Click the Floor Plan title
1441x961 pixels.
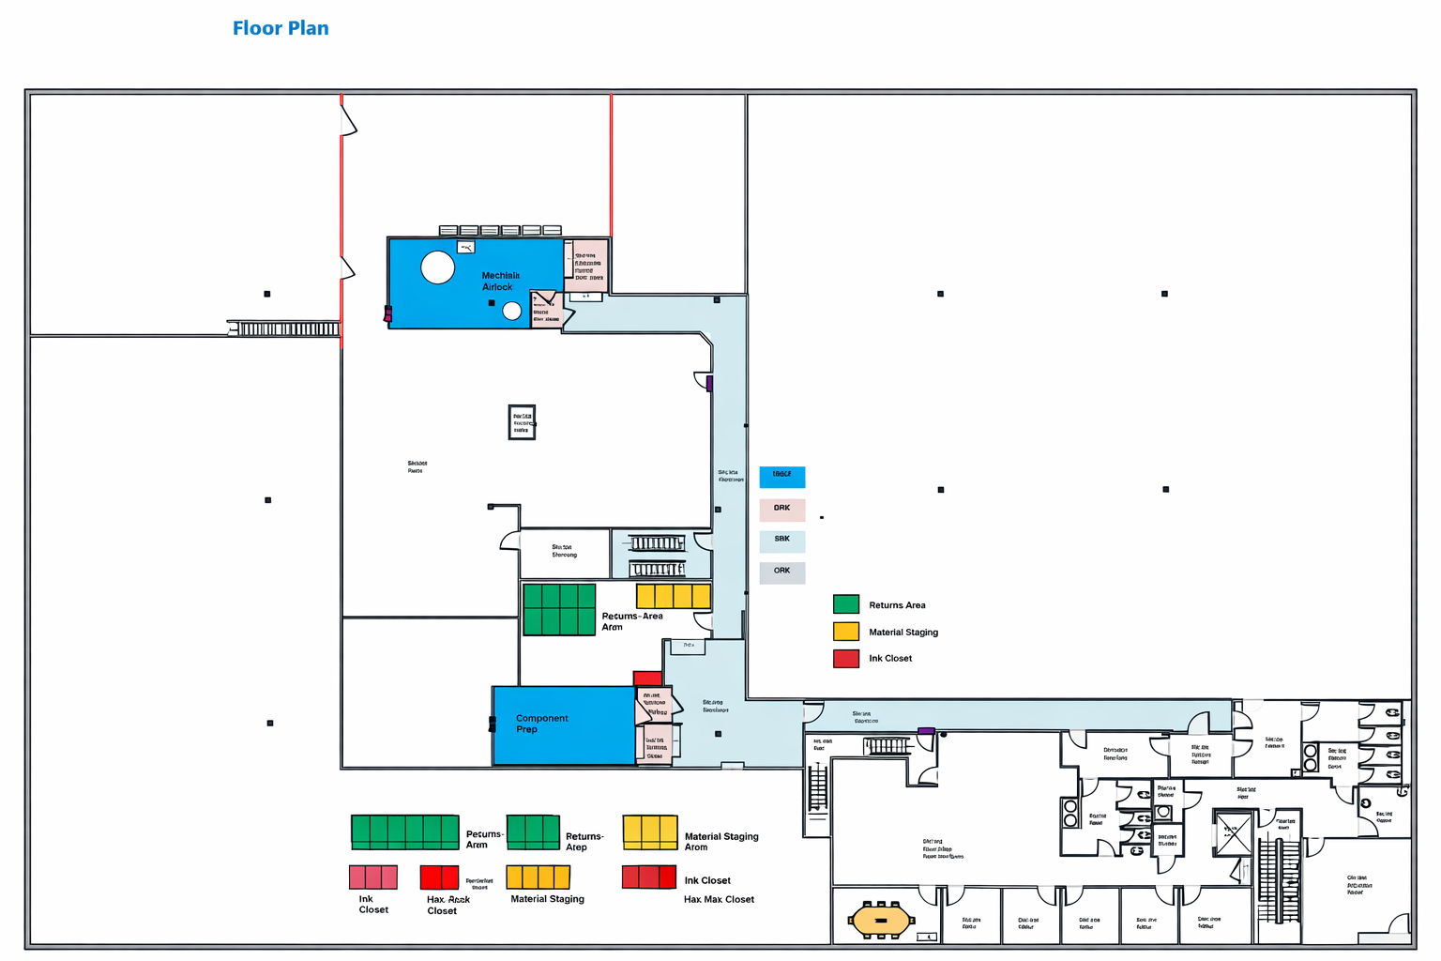coord(281,28)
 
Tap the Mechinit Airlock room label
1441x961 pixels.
coord(500,282)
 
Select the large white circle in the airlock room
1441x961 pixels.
coord(437,267)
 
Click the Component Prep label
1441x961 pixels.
coord(541,724)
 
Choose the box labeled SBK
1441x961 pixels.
coord(781,541)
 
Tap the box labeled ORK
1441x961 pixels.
coord(781,572)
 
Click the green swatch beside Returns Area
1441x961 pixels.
coord(845,604)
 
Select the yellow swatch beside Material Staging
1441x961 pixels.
coord(845,632)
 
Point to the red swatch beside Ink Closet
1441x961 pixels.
coord(845,658)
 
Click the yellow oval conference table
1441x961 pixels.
coord(881,920)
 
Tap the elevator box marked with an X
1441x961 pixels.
coord(1232,832)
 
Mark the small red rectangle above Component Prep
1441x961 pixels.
coord(647,679)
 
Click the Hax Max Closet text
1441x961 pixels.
coord(719,899)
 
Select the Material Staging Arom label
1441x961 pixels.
coord(720,842)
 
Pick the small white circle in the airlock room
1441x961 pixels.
coord(511,311)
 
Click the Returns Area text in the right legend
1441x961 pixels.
coord(896,605)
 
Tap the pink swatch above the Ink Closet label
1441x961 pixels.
coord(372,877)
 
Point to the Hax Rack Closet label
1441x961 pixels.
coord(447,905)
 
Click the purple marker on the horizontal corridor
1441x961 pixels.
coord(926,730)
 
